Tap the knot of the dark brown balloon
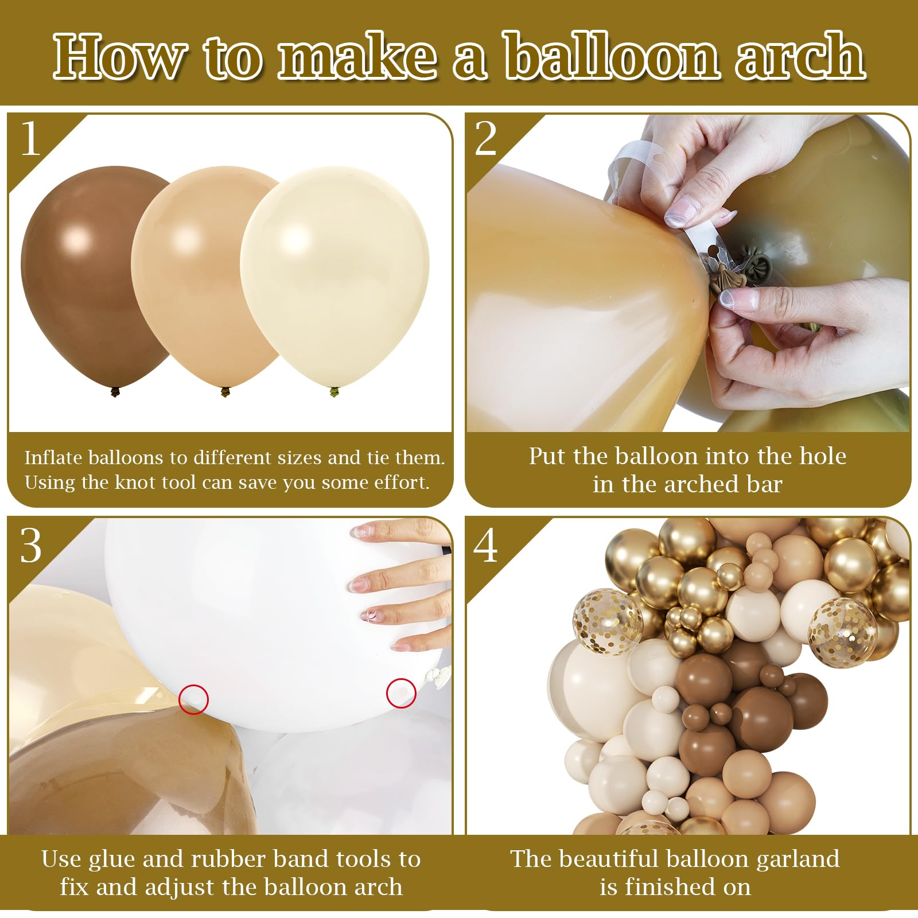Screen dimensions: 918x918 pos(115,392)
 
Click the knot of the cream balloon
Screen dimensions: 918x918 pos(334,392)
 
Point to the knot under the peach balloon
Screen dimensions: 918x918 pos(225,392)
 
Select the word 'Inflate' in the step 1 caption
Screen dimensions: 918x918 pos(53,457)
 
